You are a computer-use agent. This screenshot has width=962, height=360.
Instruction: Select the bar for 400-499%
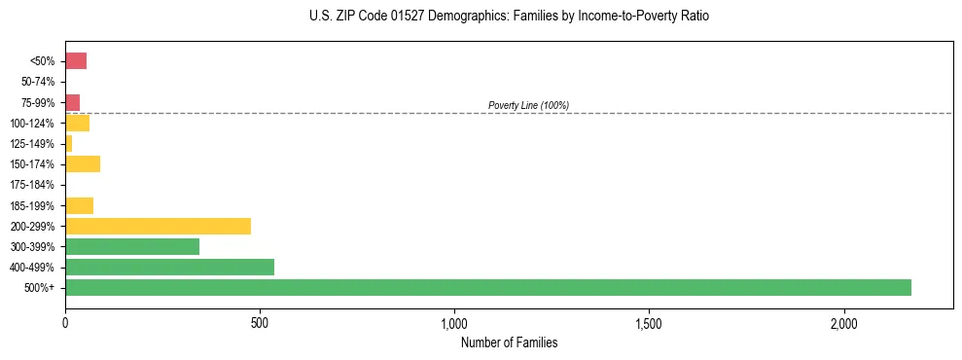pos(169,268)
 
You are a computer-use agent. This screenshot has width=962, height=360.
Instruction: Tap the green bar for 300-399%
pos(132,247)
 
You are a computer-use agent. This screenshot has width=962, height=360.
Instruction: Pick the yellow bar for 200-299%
pos(158,227)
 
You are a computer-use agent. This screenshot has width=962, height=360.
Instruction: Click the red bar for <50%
pos(76,61)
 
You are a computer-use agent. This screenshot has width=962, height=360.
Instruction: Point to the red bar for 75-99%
pos(73,102)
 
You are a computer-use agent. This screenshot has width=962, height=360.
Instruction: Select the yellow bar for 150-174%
pos(83,164)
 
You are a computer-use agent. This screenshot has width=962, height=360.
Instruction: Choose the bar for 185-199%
pos(79,205)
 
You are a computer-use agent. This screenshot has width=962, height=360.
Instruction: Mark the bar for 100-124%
pos(77,124)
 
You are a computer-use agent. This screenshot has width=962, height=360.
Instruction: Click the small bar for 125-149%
pos(69,144)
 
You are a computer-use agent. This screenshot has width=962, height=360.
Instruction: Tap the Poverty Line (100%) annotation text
pos(528,105)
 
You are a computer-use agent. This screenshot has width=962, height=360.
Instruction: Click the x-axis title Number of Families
pos(509,342)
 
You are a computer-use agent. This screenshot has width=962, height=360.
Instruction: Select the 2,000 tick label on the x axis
pos(843,324)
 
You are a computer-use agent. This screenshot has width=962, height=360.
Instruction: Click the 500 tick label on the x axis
pos(260,324)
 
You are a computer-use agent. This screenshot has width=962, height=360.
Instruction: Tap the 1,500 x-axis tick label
pos(649,324)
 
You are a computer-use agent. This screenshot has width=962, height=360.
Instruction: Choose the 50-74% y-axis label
pos(38,82)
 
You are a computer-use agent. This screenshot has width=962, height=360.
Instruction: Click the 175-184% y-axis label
pos(34,185)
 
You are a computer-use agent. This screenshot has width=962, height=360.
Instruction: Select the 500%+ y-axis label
pos(42,288)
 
